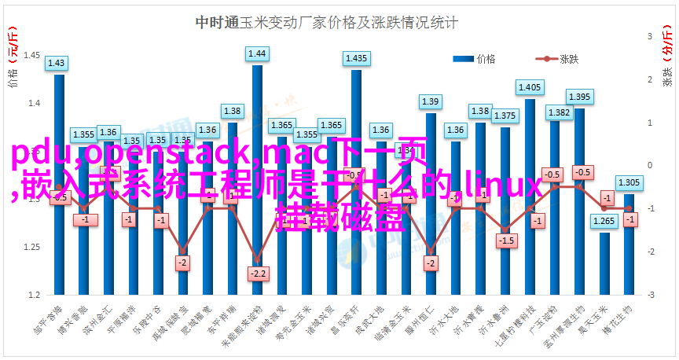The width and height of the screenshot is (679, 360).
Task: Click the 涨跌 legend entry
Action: (x=560, y=59)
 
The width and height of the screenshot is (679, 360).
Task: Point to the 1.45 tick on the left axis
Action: (x=32, y=55)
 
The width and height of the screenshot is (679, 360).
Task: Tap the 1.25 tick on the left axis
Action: (x=32, y=247)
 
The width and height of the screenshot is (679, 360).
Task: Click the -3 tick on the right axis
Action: (x=651, y=295)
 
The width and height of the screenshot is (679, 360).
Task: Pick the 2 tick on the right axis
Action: (x=651, y=79)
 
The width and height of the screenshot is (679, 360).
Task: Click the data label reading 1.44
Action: (x=257, y=53)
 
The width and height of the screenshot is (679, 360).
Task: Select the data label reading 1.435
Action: (x=356, y=58)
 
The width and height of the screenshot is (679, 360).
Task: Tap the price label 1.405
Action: (x=530, y=87)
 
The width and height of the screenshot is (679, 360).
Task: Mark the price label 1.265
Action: (x=604, y=221)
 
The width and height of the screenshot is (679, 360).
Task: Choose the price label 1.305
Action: (x=629, y=182)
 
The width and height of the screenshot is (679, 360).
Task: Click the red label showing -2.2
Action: (x=257, y=274)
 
